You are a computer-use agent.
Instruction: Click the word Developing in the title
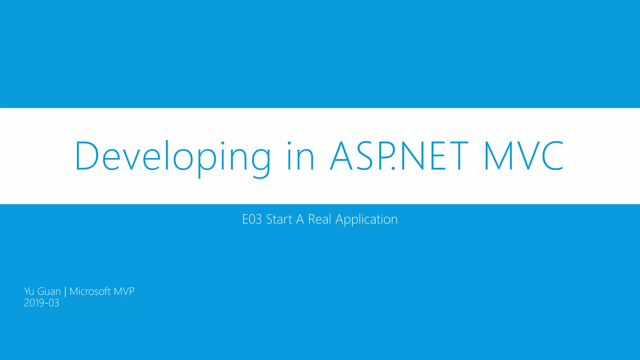pos(172,156)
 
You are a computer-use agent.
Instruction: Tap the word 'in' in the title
pos(300,156)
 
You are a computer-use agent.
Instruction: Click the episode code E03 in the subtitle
pos(252,219)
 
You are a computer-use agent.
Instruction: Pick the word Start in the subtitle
pos(279,219)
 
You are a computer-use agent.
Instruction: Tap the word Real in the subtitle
pos(319,219)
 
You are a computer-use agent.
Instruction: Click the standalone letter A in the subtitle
pos(300,219)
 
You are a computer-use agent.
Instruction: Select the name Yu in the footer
pos(29,291)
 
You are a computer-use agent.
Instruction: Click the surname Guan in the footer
pos(49,291)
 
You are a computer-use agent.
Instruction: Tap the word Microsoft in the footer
pos(90,291)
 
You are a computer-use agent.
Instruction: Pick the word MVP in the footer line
pos(124,291)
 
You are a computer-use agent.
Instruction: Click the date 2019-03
pos(42,303)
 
